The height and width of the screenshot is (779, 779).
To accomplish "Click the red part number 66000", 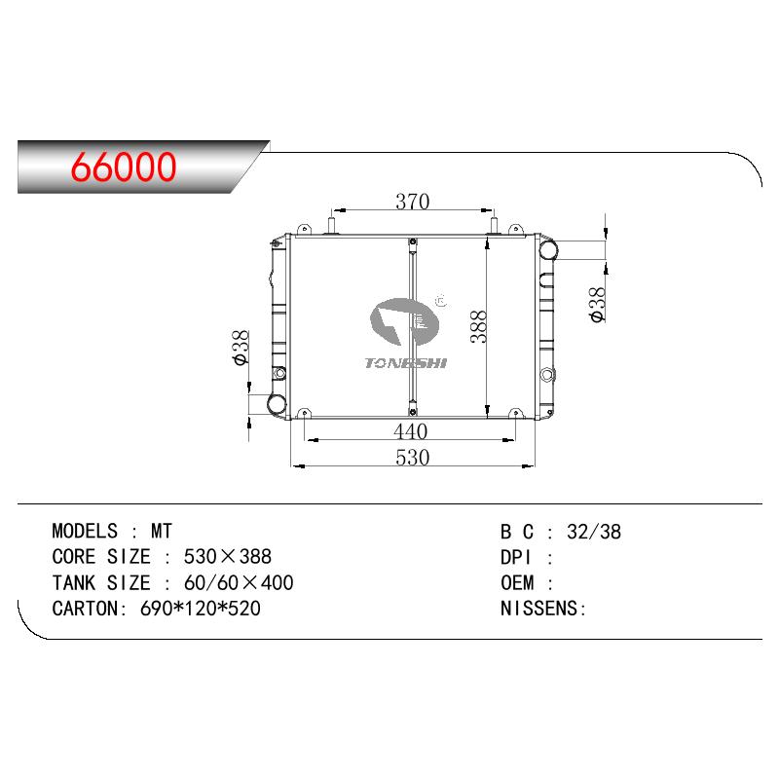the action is click(x=124, y=167).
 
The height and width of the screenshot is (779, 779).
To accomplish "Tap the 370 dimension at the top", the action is click(x=412, y=202).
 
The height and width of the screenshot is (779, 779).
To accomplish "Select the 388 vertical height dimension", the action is click(x=478, y=326).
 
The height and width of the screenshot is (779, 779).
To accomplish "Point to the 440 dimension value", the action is click(x=410, y=431).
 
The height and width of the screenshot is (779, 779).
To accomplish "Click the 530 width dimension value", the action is click(x=412, y=457).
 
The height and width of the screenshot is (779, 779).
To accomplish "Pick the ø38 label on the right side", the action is click(x=598, y=304).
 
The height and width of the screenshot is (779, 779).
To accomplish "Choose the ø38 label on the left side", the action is click(x=241, y=348).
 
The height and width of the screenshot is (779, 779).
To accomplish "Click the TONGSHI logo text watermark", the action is click(x=406, y=363).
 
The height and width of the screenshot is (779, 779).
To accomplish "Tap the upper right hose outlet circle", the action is click(x=547, y=250).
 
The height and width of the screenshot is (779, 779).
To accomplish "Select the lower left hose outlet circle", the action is click(x=277, y=403).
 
